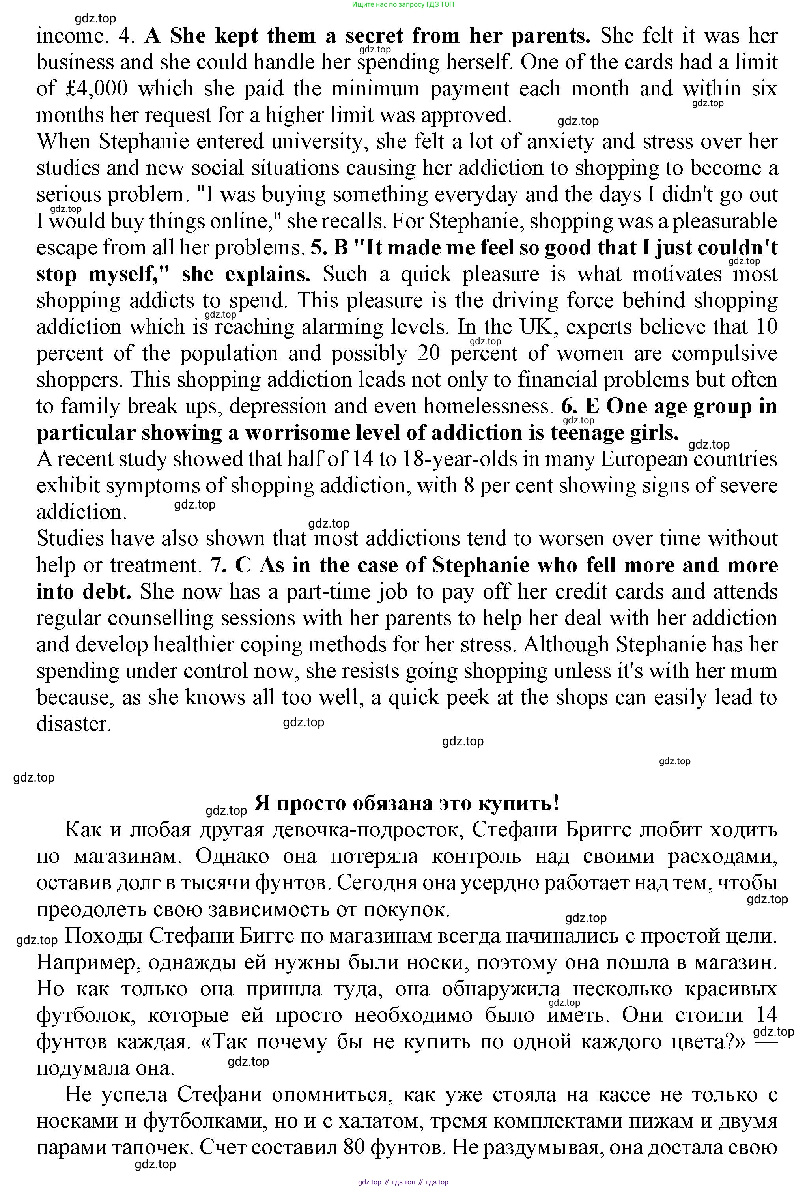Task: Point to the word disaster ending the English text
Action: tap(73, 724)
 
